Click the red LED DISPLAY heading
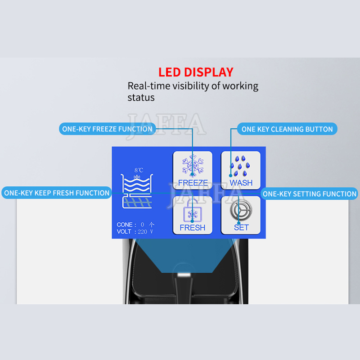pyautogui.click(x=196, y=72)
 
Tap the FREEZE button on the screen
pyautogui.click(x=193, y=170)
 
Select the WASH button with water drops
pyautogui.click(x=241, y=170)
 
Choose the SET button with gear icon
pyautogui.click(x=241, y=215)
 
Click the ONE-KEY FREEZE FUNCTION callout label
pyautogui.click(x=108, y=129)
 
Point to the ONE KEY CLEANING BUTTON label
pyautogui.click(x=287, y=129)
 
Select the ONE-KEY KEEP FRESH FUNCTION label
pyautogui.click(x=57, y=193)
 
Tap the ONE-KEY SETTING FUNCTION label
pyautogui.click(x=309, y=194)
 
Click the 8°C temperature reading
pyautogui.click(x=139, y=170)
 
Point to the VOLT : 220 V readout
pyautogui.click(x=135, y=231)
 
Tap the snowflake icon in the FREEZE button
pyautogui.click(x=193, y=166)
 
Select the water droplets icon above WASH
pyautogui.click(x=240, y=166)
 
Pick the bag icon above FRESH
pyautogui.click(x=193, y=211)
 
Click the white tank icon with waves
pyautogui.click(x=137, y=191)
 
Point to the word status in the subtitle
pyautogui.click(x=141, y=98)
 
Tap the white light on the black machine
pyautogui.click(x=184, y=275)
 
